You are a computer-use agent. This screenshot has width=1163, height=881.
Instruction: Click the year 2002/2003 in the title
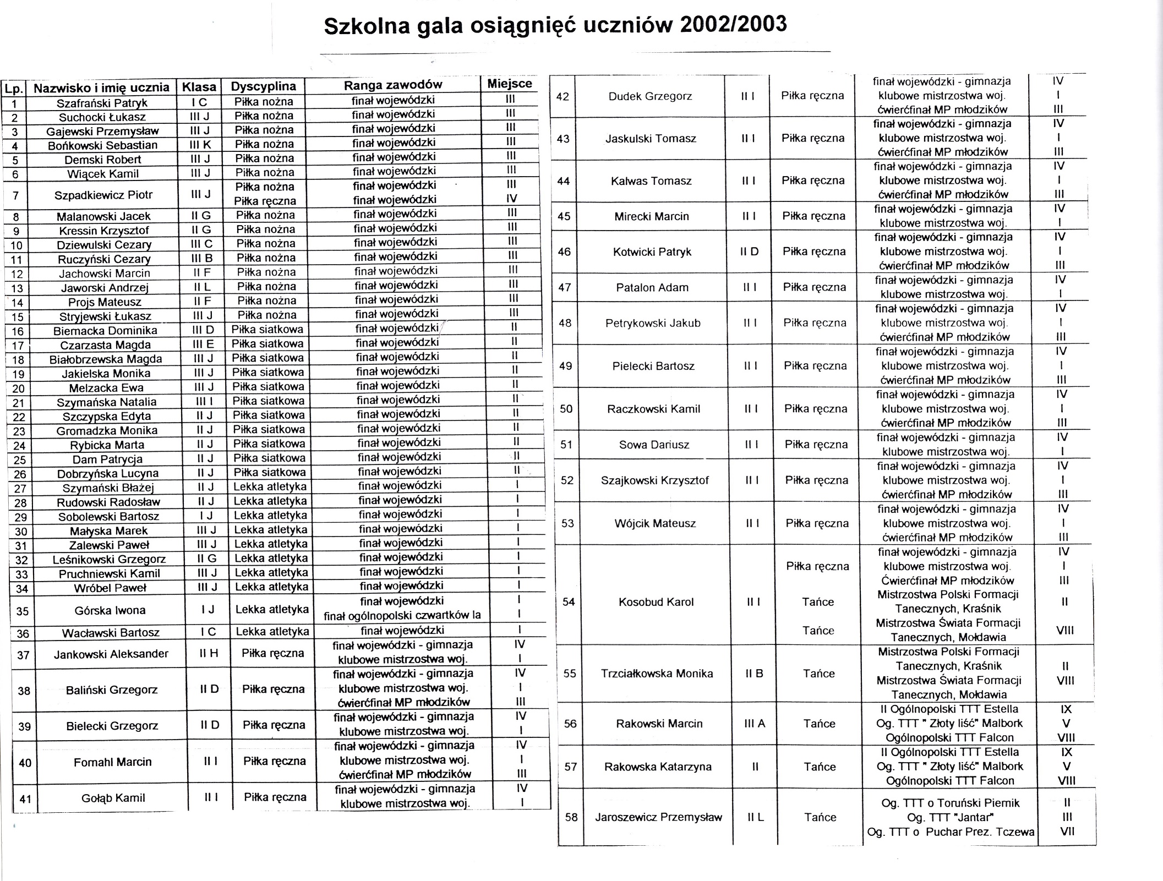tap(733, 25)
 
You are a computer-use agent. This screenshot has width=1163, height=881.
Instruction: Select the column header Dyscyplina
tap(263, 86)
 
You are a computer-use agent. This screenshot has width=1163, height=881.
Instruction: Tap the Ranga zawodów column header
tap(393, 85)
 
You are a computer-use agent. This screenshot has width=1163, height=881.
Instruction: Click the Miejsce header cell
tap(509, 84)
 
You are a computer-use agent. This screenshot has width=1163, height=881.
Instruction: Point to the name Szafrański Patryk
tap(102, 103)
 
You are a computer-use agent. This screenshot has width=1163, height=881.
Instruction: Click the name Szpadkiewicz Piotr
tap(103, 195)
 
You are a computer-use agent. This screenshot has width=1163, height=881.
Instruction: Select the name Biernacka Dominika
tap(105, 331)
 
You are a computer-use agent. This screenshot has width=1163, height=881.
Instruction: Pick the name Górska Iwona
tap(110, 610)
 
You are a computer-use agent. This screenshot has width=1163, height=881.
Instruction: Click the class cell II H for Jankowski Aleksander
tap(209, 653)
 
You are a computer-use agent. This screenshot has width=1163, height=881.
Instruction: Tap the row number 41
tap(25, 798)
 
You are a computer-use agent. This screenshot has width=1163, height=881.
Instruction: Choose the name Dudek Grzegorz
tap(650, 96)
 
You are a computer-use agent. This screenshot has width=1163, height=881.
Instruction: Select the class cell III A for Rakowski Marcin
tap(755, 724)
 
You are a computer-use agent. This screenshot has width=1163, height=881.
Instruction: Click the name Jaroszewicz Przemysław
tap(658, 817)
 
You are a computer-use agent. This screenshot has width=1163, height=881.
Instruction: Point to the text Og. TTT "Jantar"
tap(950, 817)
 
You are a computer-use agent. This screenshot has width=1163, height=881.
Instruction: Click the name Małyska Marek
tap(108, 531)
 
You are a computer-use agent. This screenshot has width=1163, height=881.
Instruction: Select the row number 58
tap(571, 817)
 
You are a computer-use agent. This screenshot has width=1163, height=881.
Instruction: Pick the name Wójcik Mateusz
tap(655, 523)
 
